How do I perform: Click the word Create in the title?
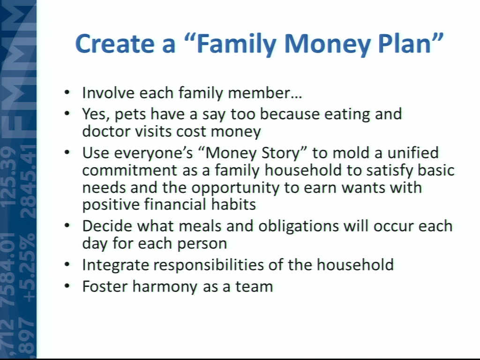[115, 44]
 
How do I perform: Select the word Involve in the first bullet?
[108, 93]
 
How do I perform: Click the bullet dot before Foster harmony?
[67, 286]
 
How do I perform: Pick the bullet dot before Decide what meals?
[67, 225]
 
